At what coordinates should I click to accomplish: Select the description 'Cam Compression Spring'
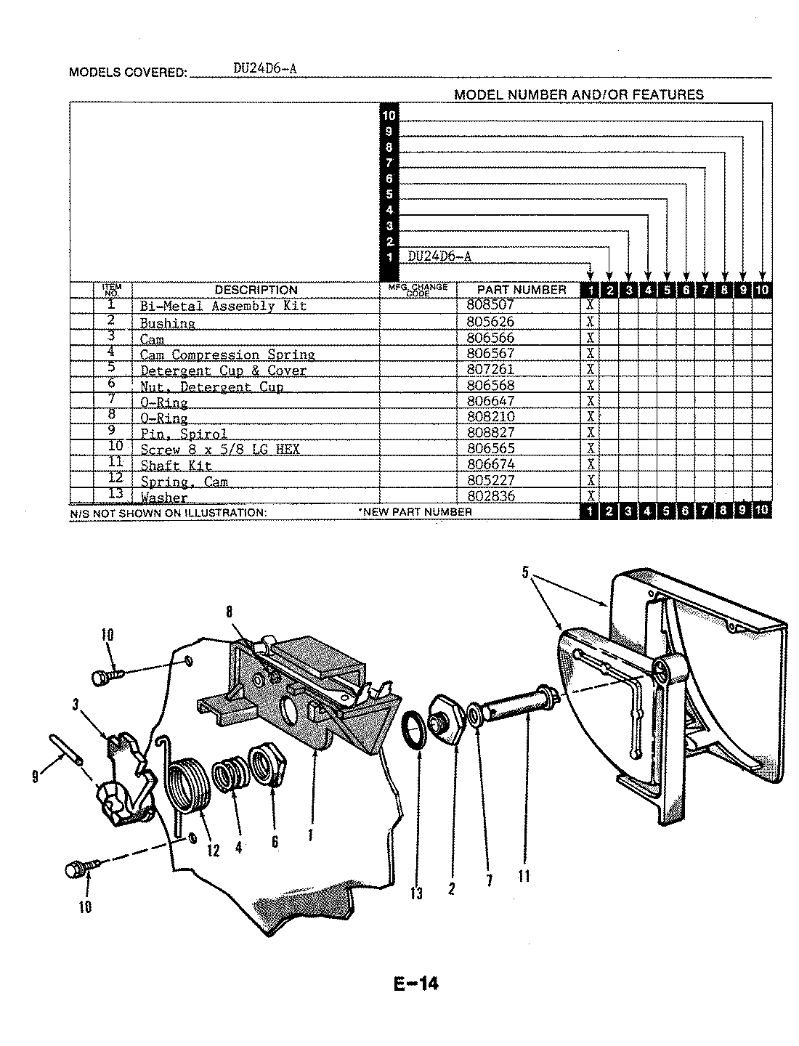[x=227, y=355]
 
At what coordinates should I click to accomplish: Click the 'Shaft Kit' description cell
[x=176, y=466]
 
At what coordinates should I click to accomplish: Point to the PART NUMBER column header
[x=522, y=290]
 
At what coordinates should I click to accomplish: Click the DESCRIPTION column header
[x=256, y=290]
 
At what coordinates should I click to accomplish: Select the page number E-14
[x=416, y=984]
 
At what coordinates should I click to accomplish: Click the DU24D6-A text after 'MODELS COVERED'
[x=265, y=69]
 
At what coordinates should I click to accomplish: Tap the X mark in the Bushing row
[x=591, y=322]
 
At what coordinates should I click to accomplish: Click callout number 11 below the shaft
[x=523, y=876]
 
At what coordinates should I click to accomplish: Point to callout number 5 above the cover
[x=525, y=573]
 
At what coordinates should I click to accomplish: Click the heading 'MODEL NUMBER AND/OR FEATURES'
[x=578, y=94]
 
